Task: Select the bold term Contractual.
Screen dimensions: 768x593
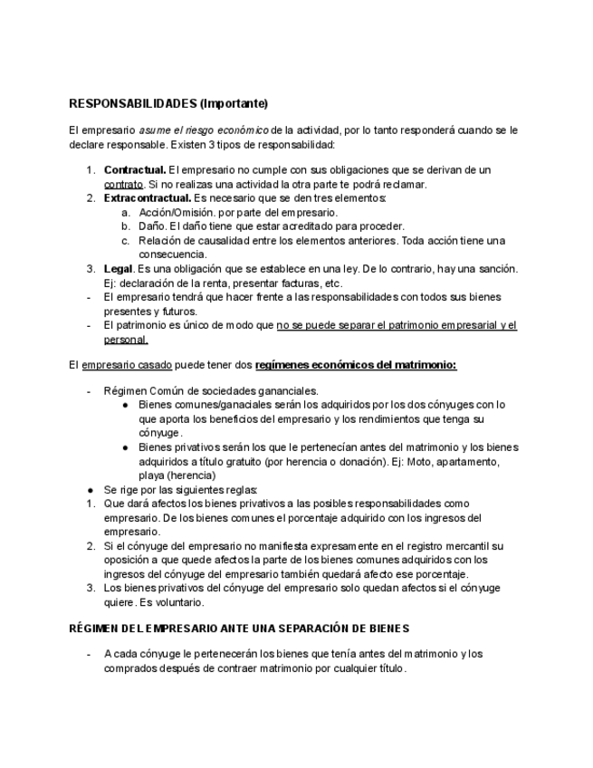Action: [x=135, y=170]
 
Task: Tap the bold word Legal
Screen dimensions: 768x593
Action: [x=119, y=269]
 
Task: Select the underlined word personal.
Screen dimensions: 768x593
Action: [x=126, y=340]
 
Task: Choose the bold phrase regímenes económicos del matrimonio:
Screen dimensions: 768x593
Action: [x=356, y=365]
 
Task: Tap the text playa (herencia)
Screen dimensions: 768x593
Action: [x=177, y=475]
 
